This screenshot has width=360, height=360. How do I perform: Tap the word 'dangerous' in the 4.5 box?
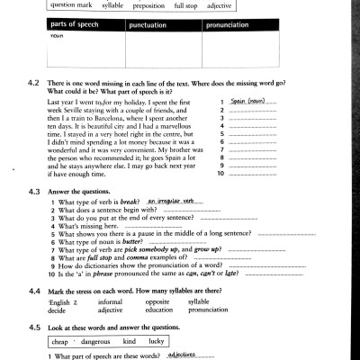point(95,343)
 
